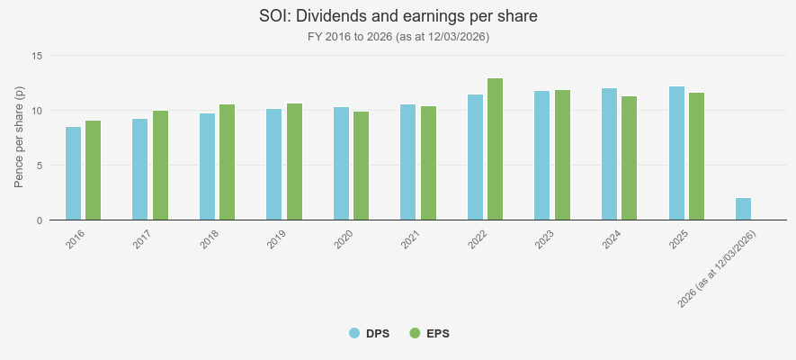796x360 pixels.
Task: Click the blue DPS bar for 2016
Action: click(73, 174)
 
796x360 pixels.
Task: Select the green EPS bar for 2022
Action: click(496, 149)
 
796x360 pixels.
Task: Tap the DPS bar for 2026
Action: click(743, 209)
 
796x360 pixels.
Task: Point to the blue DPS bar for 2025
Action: click(676, 153)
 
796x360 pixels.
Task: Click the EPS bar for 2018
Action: click(228, 162)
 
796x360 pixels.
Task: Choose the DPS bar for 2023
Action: click(542, 156)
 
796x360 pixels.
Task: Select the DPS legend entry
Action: click(369, 334)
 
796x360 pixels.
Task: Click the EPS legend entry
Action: click(429, 334)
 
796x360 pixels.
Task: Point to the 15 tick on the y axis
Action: click(37, 56)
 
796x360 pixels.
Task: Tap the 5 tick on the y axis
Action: click(40, 166)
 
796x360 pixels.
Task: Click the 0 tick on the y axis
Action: click(40, 220)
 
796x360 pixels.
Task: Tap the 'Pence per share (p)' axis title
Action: click(19, 138)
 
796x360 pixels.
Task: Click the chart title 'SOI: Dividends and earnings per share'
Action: click(398, 17)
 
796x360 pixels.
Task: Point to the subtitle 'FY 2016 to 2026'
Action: click(398, 37)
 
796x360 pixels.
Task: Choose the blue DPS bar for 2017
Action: click(139, 169)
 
